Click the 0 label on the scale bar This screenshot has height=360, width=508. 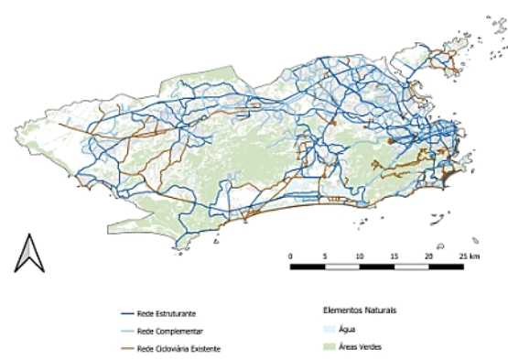pos(290,256)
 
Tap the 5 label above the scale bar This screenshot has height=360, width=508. pos(324,256)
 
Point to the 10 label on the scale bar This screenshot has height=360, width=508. pos(359,256)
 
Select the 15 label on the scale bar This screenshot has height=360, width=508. pos(394,256)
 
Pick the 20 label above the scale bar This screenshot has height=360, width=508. pos(428,256)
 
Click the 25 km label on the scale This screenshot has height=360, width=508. pos(468,256)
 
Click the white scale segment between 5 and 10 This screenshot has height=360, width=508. pos(341,267)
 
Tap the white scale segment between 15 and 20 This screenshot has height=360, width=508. pos(411,267)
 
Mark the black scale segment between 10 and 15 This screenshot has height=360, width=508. pos(376,267)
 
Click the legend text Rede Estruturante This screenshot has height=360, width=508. pos(164,313)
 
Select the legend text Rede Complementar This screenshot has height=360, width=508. pos(166,331)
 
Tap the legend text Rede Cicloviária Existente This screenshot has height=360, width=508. pos(178,348)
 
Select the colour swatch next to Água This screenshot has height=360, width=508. pos(331,328)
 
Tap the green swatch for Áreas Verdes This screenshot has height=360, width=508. pos(331,346)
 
